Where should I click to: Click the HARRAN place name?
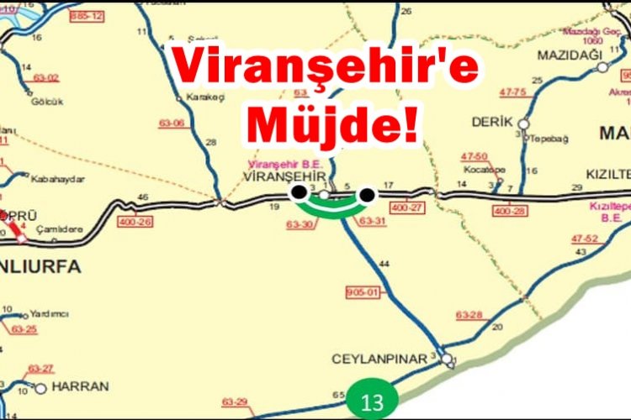[x=80, y=387]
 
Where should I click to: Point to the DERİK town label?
[x=492, y=122]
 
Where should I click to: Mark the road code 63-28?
[x=469, y=315]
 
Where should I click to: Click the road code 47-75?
[x=512, y=91]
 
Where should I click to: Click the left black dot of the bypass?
[x=298, y=193]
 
